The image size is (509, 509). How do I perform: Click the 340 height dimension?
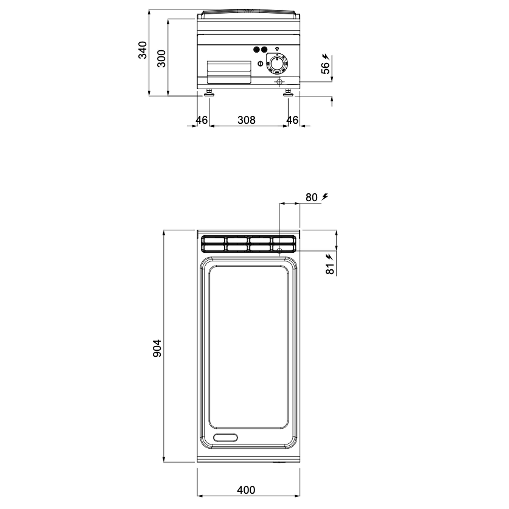click(x=142, y=50)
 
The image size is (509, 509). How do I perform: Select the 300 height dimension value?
click(x=161, y=59)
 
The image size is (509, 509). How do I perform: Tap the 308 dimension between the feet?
click(x=246, y=120)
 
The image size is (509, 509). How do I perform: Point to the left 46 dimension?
click(x=202, y=120)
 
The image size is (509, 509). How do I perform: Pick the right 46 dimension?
click(x=292, y=120)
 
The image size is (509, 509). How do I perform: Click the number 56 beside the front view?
click(x=326, y=68)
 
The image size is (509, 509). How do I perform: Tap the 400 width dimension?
click(x=246, y=490)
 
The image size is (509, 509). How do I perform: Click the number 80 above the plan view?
click(x=312, y=197)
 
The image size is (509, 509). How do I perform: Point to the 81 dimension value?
click(x=330, y=269)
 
